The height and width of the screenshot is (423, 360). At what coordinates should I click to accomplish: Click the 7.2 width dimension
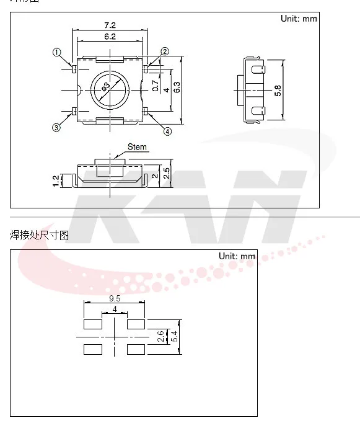[x=110, y=25]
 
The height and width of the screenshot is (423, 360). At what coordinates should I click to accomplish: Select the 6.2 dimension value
[x=110, y=37]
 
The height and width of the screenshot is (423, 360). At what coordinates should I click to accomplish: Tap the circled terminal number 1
[x=57, y=53]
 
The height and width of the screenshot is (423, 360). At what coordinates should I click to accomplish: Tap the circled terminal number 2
[x=165, y=51]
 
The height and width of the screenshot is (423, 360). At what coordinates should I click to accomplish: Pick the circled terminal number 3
[x=56, y=128]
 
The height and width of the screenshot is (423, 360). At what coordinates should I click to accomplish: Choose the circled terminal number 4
[x=167, y=131]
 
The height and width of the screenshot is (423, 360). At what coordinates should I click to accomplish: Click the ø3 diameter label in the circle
[x=106, y=87]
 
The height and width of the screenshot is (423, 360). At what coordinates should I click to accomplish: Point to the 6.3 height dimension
[x=177, y=87]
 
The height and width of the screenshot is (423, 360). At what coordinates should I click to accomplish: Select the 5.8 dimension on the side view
[x=278, y=91]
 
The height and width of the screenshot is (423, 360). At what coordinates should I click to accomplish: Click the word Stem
[x=137, y=147]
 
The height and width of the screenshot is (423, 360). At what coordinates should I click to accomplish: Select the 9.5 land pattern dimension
[x=114, y=298]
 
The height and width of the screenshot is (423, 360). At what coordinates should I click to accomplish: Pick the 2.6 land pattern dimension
[x=161, y=337]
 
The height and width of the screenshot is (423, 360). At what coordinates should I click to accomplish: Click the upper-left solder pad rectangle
[x=92, y=324]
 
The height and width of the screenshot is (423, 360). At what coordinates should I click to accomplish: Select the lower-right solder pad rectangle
[x=136, y=349]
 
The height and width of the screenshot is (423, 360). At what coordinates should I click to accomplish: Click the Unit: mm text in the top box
[x=299, y=19]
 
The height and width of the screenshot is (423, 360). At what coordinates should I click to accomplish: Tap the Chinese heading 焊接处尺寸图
[x=39, y=235]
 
